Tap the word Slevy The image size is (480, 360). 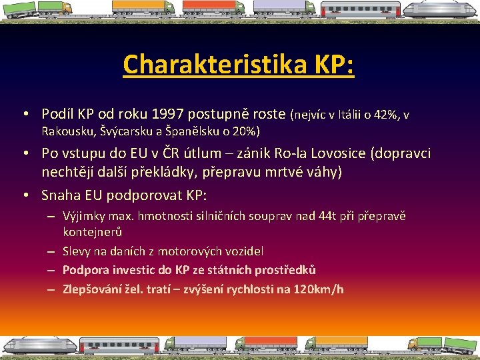(77, 251)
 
